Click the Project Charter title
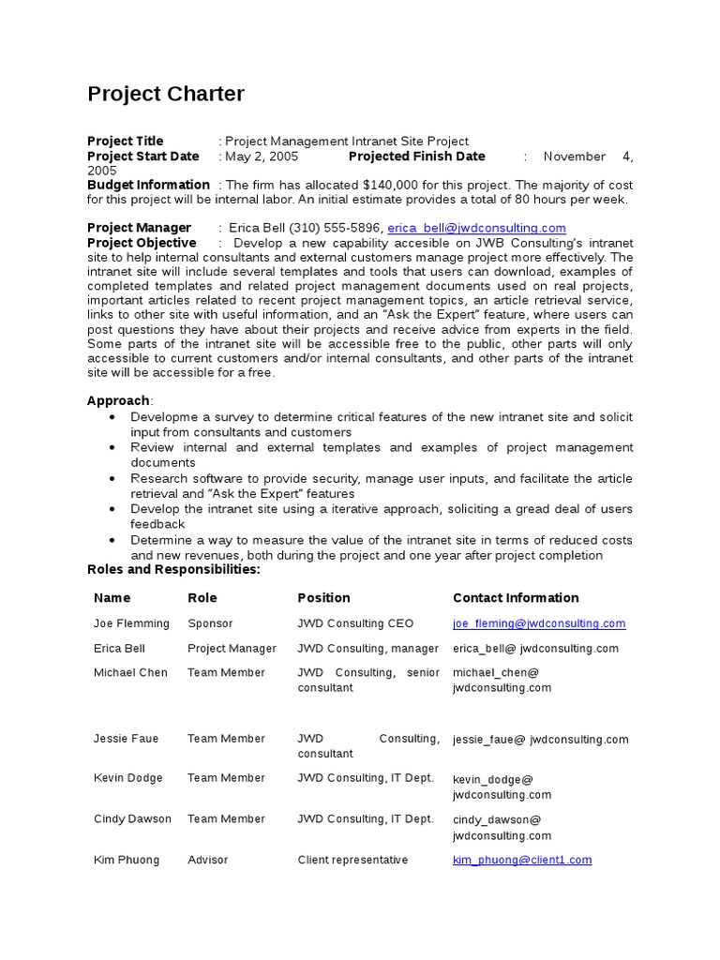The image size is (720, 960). tap(166, 94)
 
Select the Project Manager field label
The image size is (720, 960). tap(139, 228)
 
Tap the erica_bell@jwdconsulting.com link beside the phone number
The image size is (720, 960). tap(476, 229)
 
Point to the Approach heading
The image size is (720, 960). tap(118, 400)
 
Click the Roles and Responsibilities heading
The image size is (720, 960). tap(173, 570)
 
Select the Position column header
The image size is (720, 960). tap(323, 598)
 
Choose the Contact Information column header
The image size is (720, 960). tap(516, 598)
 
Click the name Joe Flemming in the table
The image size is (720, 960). tap(131, 623)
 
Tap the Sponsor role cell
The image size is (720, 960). tap(210, 623)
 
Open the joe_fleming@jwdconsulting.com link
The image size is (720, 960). tap(538, 623)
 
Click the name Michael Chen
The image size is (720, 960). tap(130, 672)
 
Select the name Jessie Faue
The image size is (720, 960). tap(126, 739)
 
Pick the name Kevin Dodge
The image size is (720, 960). tap(127, 778)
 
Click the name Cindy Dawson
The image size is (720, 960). tap(132, 819)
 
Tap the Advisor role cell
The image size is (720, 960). tap(207, 860)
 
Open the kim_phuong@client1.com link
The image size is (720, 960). tap(521, 860)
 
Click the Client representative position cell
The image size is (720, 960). tap(352, 860)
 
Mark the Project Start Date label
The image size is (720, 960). tap(143, 157)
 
